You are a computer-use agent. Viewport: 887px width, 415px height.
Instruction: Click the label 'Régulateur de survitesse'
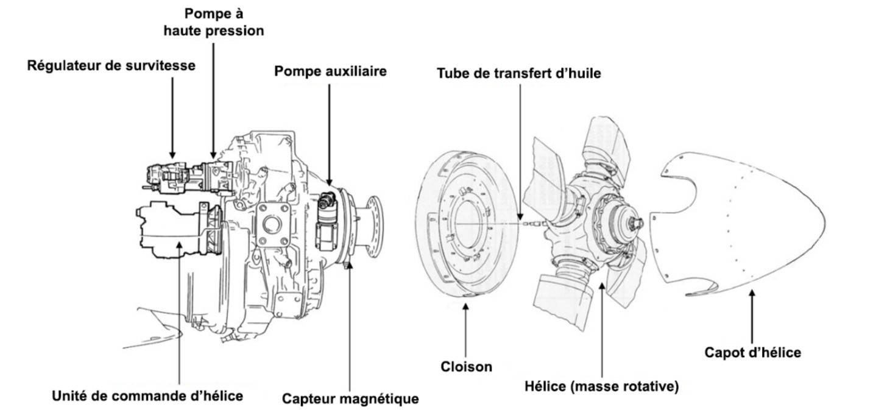click(111, 66)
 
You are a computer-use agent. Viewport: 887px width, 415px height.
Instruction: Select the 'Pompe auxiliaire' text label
click(330, 71)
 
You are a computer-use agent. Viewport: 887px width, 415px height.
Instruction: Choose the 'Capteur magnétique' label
click(350, 399)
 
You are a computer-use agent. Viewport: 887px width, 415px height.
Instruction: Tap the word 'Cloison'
click(466, 367)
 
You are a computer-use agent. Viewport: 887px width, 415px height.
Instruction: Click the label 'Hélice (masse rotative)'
click(601, 386)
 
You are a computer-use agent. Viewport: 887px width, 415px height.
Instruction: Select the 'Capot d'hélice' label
click(752, 352)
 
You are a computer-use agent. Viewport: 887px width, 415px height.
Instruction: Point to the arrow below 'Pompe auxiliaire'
click(330, 134)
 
